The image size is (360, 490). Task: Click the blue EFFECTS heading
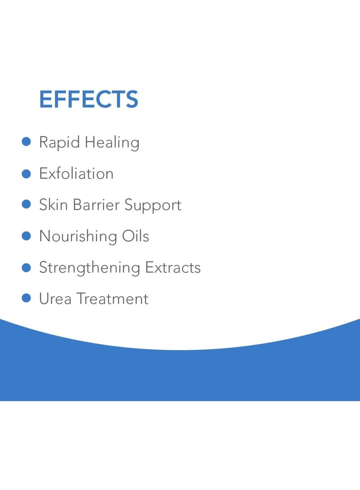click(89, 99)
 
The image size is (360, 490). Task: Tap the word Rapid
click(59, 143)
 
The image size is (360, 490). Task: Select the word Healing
click(112, 143)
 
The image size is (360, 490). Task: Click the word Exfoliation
click(76, 174)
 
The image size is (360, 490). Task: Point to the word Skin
click(54, 205)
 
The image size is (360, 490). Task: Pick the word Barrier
click(96, 205)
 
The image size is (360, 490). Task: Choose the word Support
click(153, 205)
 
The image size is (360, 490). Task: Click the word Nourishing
click(78, 236)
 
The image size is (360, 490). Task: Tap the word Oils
click(135, 236)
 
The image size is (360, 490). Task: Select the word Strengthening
click(90, 268)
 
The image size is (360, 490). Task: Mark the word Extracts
click(173, 267)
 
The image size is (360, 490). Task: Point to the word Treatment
click(112, 299)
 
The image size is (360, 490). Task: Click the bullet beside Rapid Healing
click(26, 142)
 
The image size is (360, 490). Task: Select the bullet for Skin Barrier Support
click(26, 205)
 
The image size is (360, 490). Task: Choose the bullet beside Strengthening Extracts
click(26, 267)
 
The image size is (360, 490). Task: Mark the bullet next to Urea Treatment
click(26, 298)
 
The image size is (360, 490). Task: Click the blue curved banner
click(180, 375)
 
